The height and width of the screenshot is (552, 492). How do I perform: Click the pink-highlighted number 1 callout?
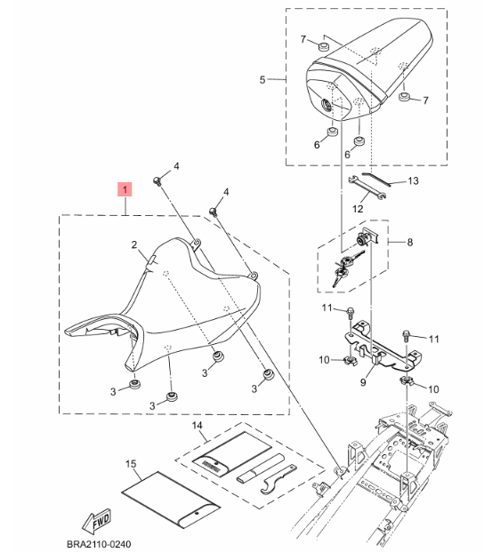point(125,189)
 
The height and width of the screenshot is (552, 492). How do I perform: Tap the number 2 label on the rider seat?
point(133,244)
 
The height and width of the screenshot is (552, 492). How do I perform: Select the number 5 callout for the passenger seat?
point(262,80)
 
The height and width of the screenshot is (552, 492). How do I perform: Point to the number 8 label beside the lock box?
point(410,242)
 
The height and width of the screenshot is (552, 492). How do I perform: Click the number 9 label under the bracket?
point(363,382)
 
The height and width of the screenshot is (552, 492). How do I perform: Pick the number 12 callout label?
point(359,209)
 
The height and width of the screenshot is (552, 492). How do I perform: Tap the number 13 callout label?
point(412,181)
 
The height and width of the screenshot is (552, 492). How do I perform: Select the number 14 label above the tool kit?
point(198,428)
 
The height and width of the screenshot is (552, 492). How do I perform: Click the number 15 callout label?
point(130,463)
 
